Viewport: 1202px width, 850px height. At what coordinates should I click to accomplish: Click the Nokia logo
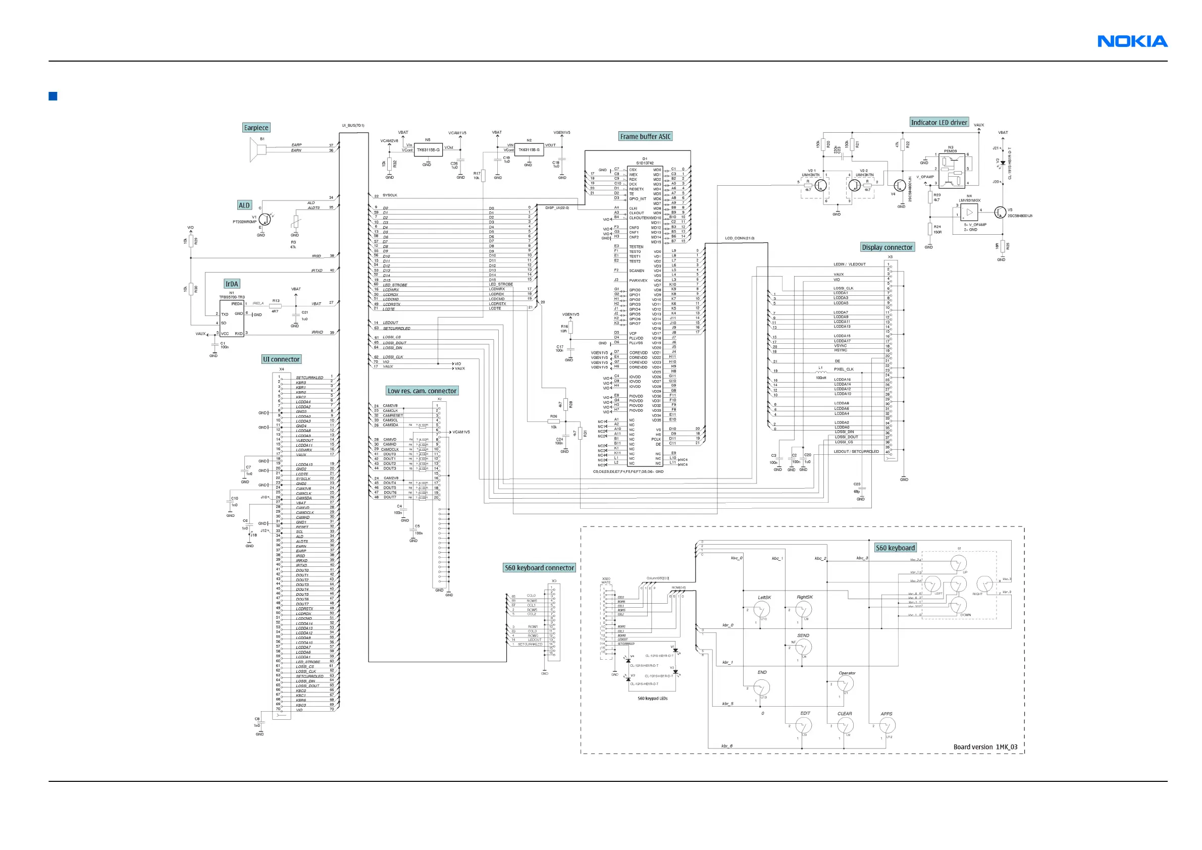click(x=1132, y=41)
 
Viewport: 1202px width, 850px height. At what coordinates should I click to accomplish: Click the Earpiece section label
click(x=256, y=128)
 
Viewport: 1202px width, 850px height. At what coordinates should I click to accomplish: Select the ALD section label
click(x=244, y=205)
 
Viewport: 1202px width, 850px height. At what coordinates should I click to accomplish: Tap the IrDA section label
click(x=231, y=284)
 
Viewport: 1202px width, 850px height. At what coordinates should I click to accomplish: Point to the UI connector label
click(x=281, y=359)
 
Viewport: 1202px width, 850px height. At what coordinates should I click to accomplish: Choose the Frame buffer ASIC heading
click(x=645, y=137)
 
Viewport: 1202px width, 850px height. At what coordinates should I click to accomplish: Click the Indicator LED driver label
click(x=938, y=123)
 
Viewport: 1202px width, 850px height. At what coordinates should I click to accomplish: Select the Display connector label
click(x=887, y=247)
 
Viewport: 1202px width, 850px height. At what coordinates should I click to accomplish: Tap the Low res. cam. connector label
click(x=422, y=391)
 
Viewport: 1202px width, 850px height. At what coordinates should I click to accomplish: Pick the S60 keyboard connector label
click(x=539, y=568)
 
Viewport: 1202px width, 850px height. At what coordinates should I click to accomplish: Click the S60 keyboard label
click(x=895, y=548)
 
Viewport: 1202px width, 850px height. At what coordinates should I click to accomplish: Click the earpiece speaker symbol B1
click(x=258, y=151)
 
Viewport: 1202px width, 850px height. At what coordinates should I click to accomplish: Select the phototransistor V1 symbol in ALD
click(x=265, y=219)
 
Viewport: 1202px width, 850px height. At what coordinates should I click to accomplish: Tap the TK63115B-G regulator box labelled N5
click(x=428, y=150)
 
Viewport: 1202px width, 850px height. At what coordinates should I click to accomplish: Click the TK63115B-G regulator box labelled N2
click(x=529, y=150)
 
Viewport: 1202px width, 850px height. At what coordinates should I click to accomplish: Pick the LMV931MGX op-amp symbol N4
click(x=969, y=212)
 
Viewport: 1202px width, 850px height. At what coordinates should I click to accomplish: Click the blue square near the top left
click(x=53, y=96)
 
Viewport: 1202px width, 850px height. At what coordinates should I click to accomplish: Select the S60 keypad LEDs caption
click(x=652, y=698)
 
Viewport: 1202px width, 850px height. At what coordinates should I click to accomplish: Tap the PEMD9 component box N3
click(x=952, y=171)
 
